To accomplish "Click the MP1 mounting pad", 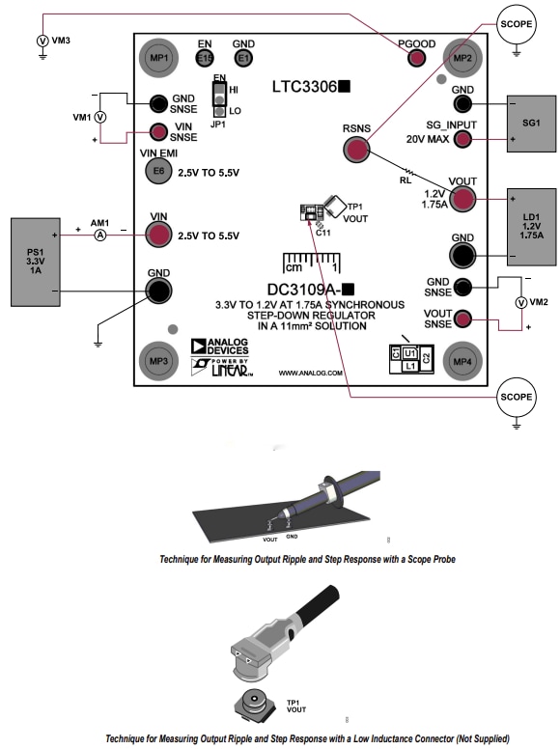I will coord(156,58).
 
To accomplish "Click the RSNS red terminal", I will coord(356,150).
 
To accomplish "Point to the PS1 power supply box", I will coord(36,256).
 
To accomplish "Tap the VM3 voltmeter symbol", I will coord(42,41).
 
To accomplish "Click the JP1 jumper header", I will coord(220,97).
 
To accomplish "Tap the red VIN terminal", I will coord(158,234).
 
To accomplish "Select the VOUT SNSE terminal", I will coord(462,319).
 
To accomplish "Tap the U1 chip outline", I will coord(409,353).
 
